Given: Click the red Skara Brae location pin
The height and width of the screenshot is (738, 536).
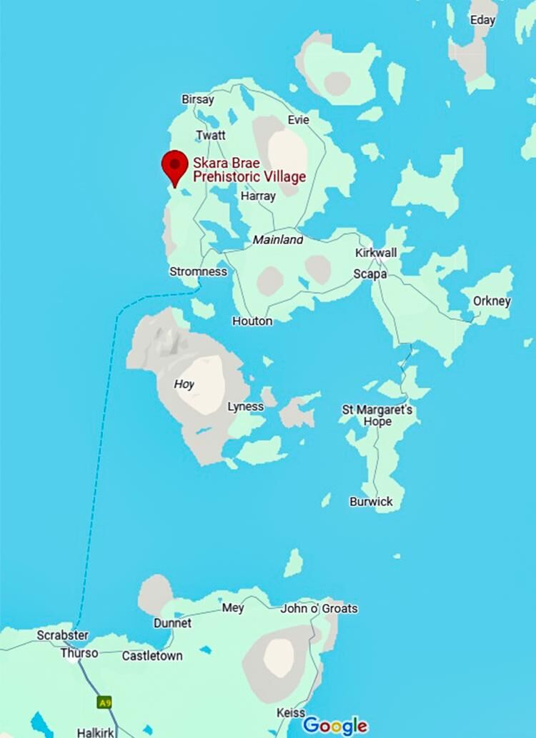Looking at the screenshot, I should [x=174, y=166].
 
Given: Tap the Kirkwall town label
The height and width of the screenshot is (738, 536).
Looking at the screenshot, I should [x=376, y=253].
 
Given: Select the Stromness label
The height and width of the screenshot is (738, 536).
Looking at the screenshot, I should [x=198, y=271].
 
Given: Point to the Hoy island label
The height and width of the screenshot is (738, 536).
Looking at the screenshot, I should [x=184, y=384].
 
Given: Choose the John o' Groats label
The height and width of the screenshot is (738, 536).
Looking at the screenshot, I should [x=319, y=608].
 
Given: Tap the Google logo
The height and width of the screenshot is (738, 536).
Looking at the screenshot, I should [x=335, y=726].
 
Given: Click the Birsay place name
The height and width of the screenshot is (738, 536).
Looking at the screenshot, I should [x=198, y=100].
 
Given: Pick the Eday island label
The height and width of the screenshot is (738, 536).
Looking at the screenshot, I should [x=482, y=20].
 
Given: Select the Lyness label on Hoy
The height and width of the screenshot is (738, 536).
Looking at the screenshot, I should [x=245, y=407].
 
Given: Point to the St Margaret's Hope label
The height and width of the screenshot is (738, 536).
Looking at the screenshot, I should [x=377, y=415].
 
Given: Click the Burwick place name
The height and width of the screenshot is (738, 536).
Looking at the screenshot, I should [x=371, y=502].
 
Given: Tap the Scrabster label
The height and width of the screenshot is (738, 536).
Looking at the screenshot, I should [x=63, y=635].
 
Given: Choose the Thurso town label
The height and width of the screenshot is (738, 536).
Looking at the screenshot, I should [x=79, y=653].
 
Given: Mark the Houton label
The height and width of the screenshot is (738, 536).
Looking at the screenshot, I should [x=252, y=321].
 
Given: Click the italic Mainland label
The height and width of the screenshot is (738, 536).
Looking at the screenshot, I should [x=278, y=241].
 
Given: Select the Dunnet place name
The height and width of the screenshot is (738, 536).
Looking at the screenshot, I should [x=172, y=622].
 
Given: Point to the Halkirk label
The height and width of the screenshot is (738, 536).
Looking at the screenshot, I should [x=95, y=732].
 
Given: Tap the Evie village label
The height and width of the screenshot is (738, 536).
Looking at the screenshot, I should [x=299, y=120].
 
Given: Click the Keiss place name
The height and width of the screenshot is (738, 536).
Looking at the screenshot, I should [x=291, y=713].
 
